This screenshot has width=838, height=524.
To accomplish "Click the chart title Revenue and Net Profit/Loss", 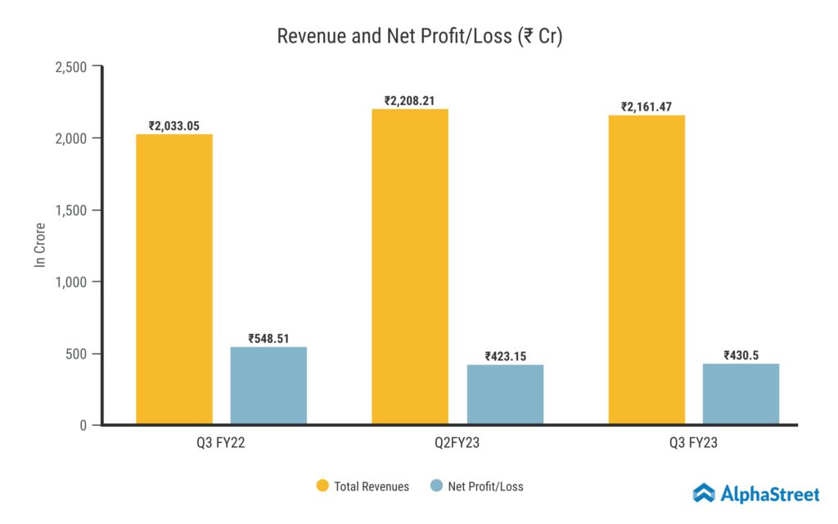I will coord(419,37).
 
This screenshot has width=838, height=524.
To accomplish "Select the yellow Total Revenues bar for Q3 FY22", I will coord(174,279).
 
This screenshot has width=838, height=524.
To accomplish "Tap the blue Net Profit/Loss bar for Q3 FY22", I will coord(268,386).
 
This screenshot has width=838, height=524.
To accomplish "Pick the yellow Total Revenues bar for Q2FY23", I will coord(410,267).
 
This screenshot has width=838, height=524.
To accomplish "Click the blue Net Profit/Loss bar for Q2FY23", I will coord(505,395).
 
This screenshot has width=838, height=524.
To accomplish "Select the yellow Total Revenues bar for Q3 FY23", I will coord(647,270).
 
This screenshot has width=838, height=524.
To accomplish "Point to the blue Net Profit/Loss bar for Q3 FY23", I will coord(741,394).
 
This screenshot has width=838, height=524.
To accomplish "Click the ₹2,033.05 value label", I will coord(174,125).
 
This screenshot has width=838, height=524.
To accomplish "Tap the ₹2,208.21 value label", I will coord(409,101).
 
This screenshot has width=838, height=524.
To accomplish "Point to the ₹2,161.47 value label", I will coord(647,106).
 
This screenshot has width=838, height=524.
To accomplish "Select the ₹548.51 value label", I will coord(268,337).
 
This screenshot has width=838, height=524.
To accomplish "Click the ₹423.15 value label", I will coord(505,356).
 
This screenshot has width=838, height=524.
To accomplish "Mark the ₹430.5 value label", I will coord(741,355).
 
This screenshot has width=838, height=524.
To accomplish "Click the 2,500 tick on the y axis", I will coord(71,66).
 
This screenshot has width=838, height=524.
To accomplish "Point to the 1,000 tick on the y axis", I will coord(71,282).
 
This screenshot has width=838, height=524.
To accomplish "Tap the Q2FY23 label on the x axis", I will coord(457,444).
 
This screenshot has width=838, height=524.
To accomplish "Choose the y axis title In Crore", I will coord(39,246).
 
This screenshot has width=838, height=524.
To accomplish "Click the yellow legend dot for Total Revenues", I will coord(322,486).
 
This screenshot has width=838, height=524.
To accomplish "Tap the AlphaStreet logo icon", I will coord(704,493).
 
